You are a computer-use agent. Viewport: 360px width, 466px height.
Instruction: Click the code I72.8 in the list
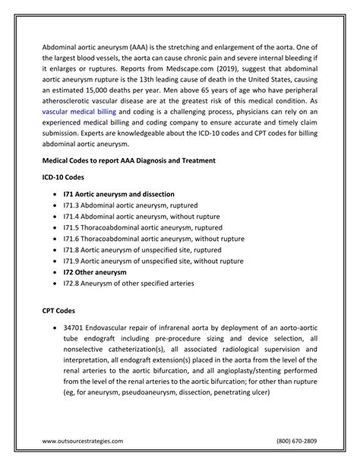coord(71,283)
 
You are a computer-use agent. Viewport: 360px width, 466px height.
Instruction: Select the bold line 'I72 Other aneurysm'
coord(95,271)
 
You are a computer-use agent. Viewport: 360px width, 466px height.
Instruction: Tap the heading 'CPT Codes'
coord(61,312)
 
